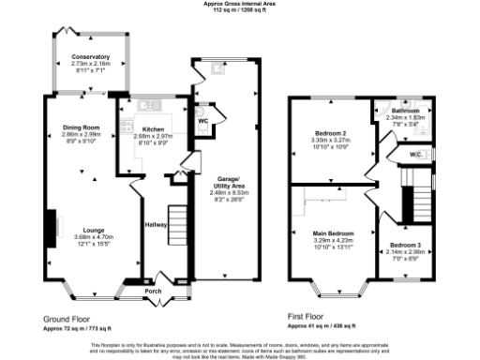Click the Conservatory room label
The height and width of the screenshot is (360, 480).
click(x=91, y=57)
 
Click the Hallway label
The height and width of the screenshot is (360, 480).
click(x=156, y=225)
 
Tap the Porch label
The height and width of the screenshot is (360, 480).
click(x=155, y=291)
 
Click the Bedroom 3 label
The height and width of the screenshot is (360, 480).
click(x=406, y=245)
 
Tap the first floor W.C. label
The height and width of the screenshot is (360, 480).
click(x=420, y=154)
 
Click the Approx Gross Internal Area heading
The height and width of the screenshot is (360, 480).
click(x=240, y=4)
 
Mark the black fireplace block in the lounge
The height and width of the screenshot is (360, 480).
click(x=49, y=226)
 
